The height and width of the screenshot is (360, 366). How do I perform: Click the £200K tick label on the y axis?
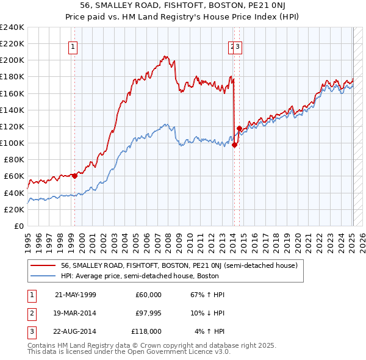[x=12, y=60]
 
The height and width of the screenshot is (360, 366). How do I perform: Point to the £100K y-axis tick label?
[x=12, y=143]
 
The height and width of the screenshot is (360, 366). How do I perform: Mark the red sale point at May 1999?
[x=74, y=176]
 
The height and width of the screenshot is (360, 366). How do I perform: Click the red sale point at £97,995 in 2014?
[x=235, y=145]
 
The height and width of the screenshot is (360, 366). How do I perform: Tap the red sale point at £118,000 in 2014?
[x=239, y=128]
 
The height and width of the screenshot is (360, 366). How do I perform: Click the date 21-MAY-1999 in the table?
[x=76, y=295]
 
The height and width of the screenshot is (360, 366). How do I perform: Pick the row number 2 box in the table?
[x=31, y=313]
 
